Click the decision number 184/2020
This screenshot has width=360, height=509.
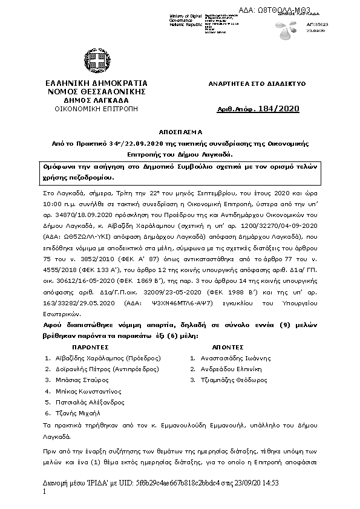[278, 109]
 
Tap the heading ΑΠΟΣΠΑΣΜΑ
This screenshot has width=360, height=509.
[181, 131]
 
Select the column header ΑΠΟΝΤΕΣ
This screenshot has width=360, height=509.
[228, 348]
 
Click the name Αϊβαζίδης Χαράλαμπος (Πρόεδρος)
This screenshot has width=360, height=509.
[102, 358]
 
